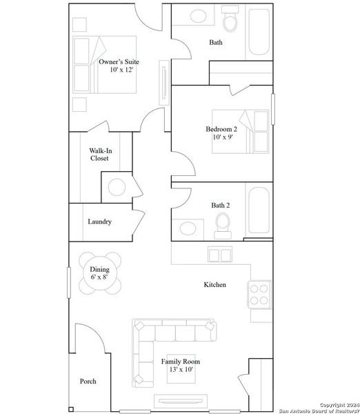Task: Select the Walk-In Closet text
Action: coord(99,154)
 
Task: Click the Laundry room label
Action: coord(99,221)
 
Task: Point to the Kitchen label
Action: coord(214,284)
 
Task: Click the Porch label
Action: coord(88,381)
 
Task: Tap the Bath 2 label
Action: coord(221,204)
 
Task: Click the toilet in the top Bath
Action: coord(230,23)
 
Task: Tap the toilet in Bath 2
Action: coord(223,224)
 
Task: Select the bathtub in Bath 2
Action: coord(261,210)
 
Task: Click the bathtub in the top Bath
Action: coord(261,32)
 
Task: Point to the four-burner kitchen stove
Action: coord(260,295)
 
